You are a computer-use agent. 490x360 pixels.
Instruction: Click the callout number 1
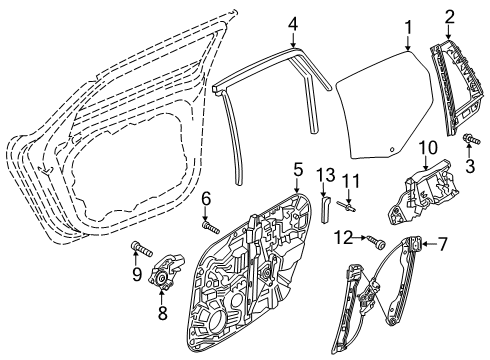408,28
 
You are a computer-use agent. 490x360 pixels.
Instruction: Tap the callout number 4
293,24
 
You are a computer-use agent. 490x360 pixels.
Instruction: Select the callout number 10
428,148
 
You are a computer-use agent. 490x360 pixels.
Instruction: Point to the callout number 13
326,174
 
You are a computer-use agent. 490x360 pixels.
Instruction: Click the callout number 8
162,313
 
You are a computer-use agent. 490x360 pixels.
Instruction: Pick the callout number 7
442,245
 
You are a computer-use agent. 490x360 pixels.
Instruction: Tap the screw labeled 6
211,228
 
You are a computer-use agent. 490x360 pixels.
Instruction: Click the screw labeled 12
377,242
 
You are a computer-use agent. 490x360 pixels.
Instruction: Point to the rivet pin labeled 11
347,206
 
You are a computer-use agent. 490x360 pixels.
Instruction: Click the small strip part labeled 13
325,209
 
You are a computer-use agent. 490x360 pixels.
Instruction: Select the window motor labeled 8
166,271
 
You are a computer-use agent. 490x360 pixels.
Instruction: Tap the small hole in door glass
392,149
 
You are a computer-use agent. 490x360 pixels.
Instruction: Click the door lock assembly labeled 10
423,194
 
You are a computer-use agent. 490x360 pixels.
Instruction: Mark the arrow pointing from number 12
360,238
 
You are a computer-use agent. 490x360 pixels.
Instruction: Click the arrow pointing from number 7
430,245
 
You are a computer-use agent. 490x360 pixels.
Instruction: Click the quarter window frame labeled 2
457,88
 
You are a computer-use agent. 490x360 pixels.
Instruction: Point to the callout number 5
298,170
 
